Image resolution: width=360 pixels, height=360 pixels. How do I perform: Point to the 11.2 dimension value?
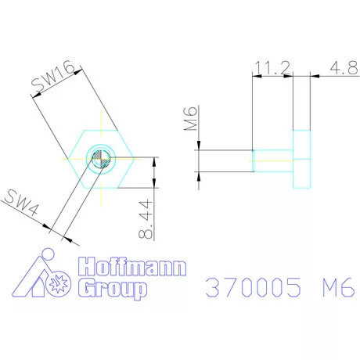(271, 69)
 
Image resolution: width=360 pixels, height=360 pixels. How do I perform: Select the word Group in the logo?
(114, 290)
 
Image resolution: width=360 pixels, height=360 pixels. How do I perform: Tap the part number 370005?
(252, 287)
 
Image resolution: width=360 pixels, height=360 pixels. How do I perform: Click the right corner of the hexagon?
(135, 159)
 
